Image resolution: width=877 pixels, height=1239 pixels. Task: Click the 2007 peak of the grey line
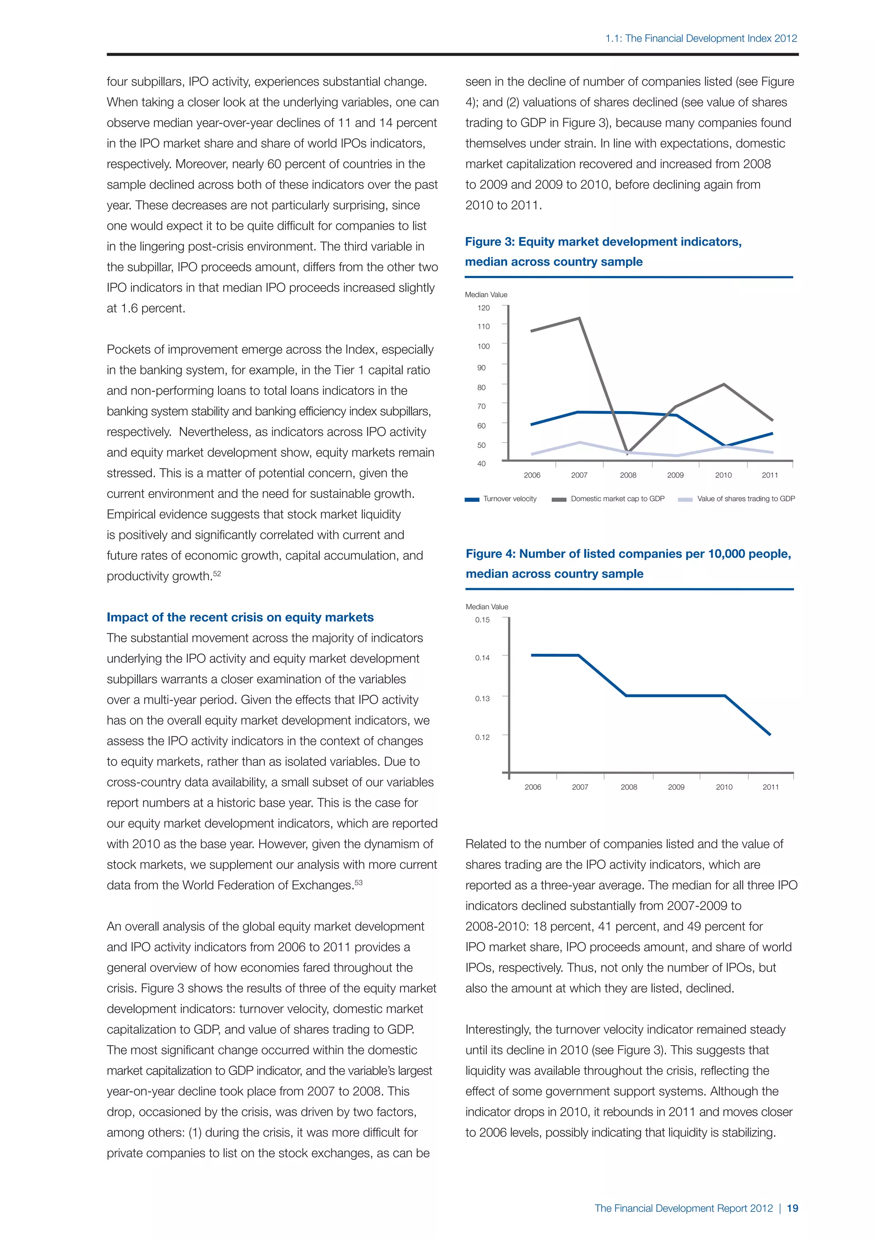point(579,318)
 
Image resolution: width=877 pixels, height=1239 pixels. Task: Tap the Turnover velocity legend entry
point(509,498)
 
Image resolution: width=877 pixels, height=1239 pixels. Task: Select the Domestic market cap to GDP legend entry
point(617,498)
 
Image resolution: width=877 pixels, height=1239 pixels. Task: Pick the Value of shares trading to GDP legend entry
point(745,498)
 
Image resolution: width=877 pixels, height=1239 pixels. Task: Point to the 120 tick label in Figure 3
point(483,308)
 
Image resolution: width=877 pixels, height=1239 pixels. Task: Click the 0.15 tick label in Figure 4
point(482,620)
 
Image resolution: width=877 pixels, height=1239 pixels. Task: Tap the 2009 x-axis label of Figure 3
point(675,475)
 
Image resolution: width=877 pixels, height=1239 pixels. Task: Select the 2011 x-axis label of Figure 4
point(771,787)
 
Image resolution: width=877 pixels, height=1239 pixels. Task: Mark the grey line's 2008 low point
point(627,454)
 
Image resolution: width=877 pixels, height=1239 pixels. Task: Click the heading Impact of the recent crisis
point(240,617)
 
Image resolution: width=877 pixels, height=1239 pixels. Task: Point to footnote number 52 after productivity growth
point(217,573)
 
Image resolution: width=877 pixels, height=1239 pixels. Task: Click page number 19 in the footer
point(792,1208)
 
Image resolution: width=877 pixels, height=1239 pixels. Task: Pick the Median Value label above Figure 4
point(486,607)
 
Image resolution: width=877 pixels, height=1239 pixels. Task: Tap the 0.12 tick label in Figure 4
point(482,737)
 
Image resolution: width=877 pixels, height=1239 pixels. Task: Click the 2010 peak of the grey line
point(724,384)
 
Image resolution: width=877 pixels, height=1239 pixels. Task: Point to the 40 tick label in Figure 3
point(481,463)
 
